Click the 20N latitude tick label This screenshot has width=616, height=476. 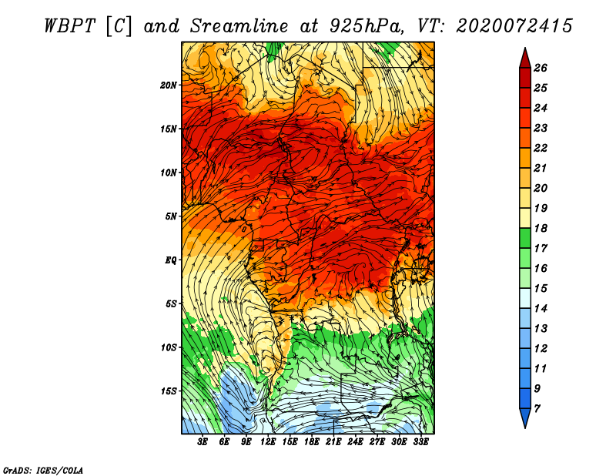pos(169,85)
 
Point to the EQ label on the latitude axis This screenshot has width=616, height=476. pos(170,260)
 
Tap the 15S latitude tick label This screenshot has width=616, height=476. pos(169,391)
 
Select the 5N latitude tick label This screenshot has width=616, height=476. pos(171,216)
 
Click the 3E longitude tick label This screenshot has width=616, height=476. pos(203,442)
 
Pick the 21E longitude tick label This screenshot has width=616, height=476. pos(333,442)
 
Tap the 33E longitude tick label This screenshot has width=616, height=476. pos(420,442)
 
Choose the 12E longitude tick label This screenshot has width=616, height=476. pos(268,442)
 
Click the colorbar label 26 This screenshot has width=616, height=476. pos(541,68)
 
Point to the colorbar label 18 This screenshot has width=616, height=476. pos(541,228)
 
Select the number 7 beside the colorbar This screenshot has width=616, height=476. pos(537,409)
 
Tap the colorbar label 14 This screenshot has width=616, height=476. pos(541,309)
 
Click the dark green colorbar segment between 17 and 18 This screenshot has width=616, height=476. pos(525,238)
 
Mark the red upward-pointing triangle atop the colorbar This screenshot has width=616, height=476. pos(525,58)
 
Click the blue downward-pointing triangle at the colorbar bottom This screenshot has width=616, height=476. pos(525,418)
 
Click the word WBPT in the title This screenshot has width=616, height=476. pos(69,26)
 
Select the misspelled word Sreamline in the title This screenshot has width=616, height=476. pos(239,26)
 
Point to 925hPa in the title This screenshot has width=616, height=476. pos(367,26)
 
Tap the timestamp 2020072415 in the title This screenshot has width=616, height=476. pos(514,26)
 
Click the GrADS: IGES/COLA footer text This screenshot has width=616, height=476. pos(43,471)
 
